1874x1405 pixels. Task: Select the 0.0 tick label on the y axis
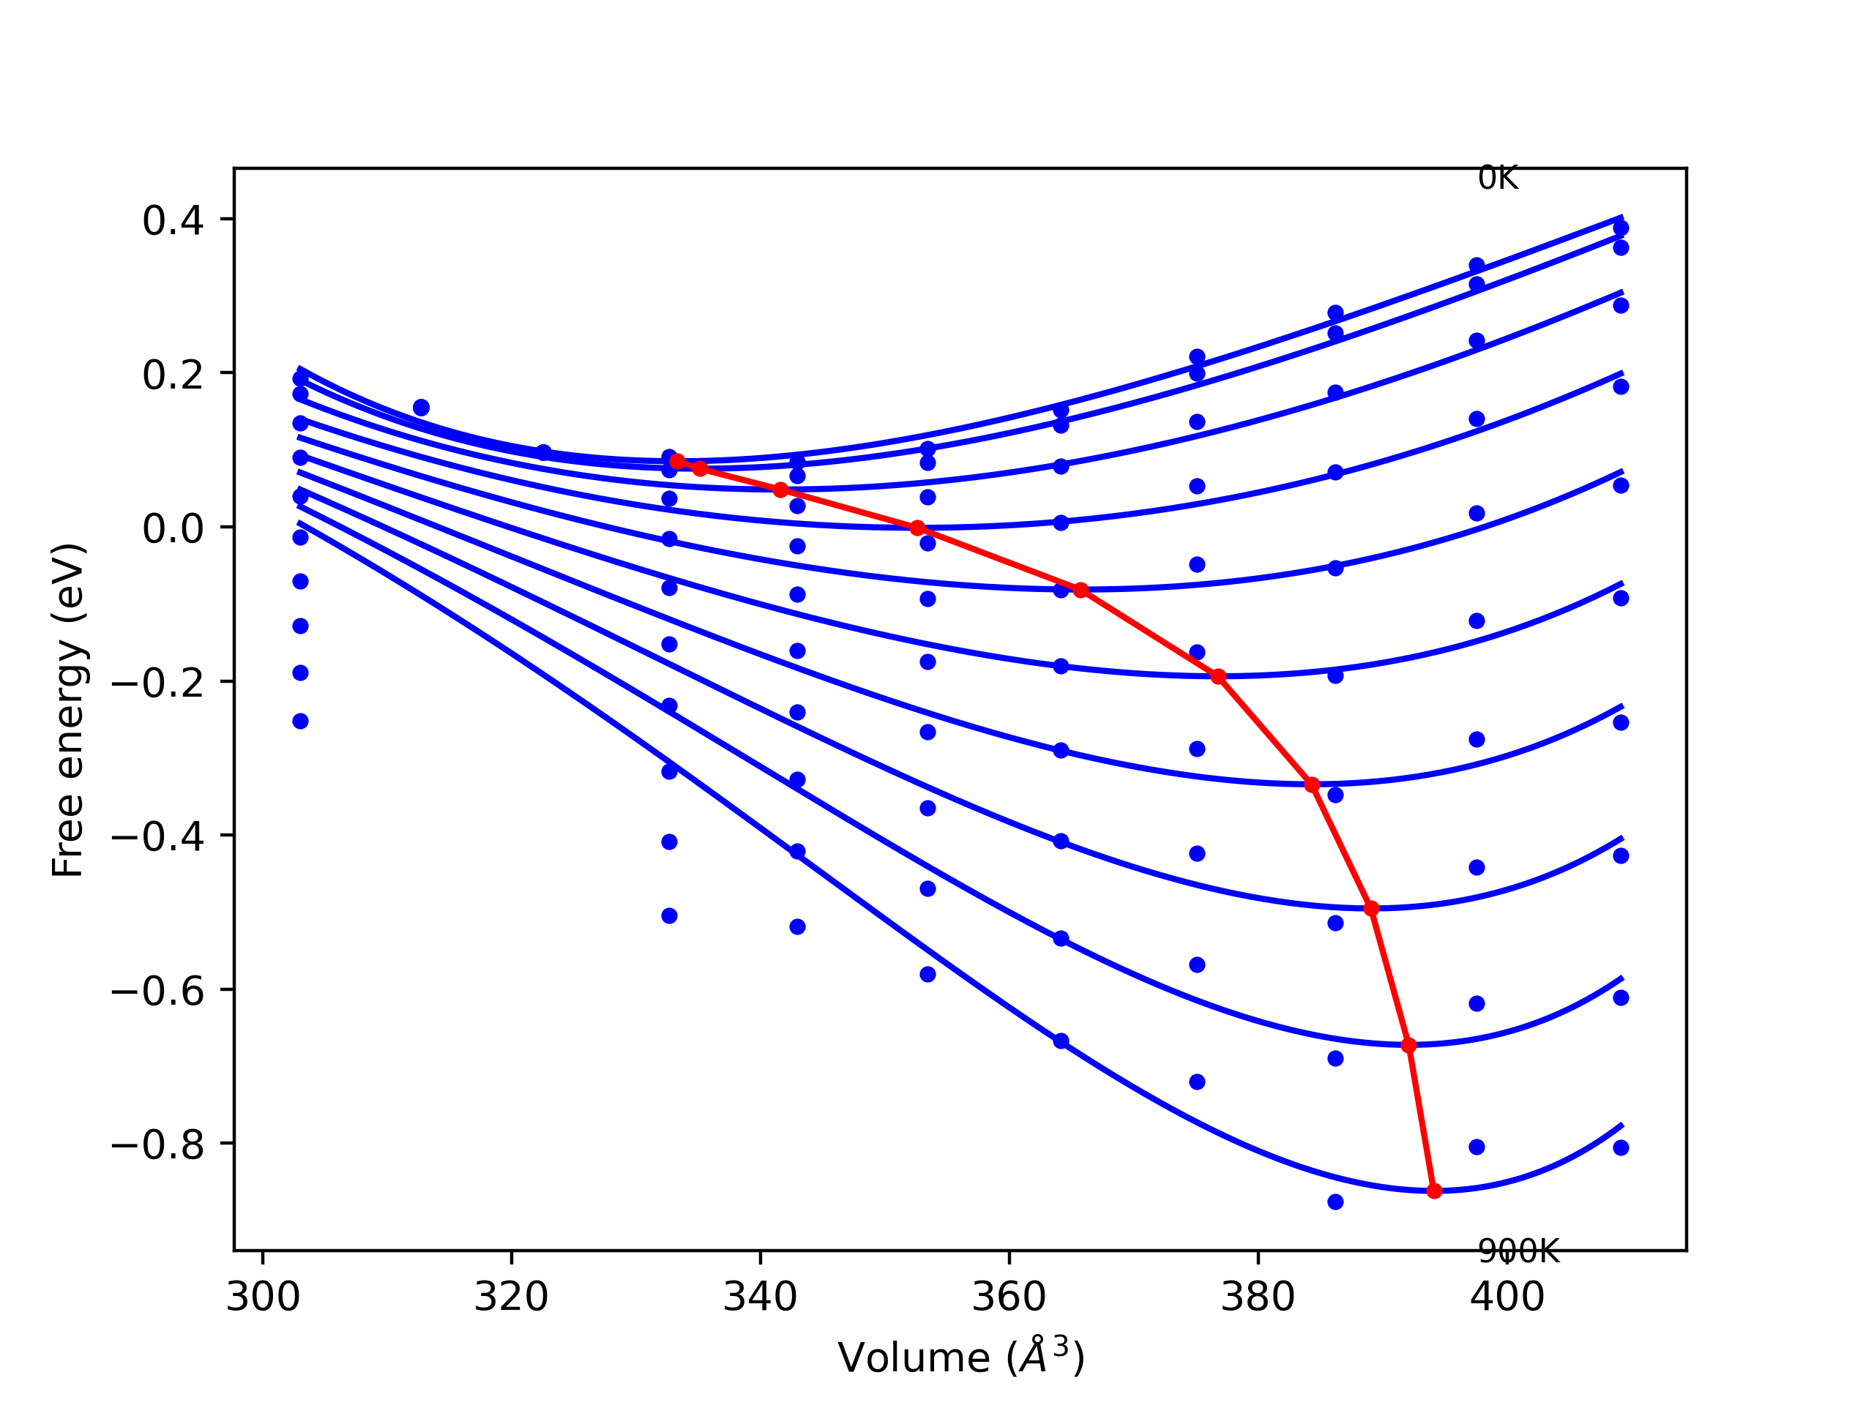point(173,528)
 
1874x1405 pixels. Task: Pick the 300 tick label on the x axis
point(263,1297)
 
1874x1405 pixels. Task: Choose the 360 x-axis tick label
point(1009,1297)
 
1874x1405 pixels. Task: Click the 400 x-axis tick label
point(1507,1297)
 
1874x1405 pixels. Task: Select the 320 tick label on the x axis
point(511,1297)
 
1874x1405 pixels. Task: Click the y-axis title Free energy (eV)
point(68,711)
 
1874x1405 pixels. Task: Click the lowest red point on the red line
point(1433,1191)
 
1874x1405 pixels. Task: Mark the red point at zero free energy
point(917,528)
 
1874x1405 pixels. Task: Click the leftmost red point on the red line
point(677,462)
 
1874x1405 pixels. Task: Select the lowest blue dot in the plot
point(1335,1202)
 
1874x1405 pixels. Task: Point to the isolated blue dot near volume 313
point(421,408)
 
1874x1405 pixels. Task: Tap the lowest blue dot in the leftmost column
point(300,722)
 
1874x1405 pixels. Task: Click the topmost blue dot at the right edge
point(1621,228)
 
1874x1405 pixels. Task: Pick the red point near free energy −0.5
point(1372,909)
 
